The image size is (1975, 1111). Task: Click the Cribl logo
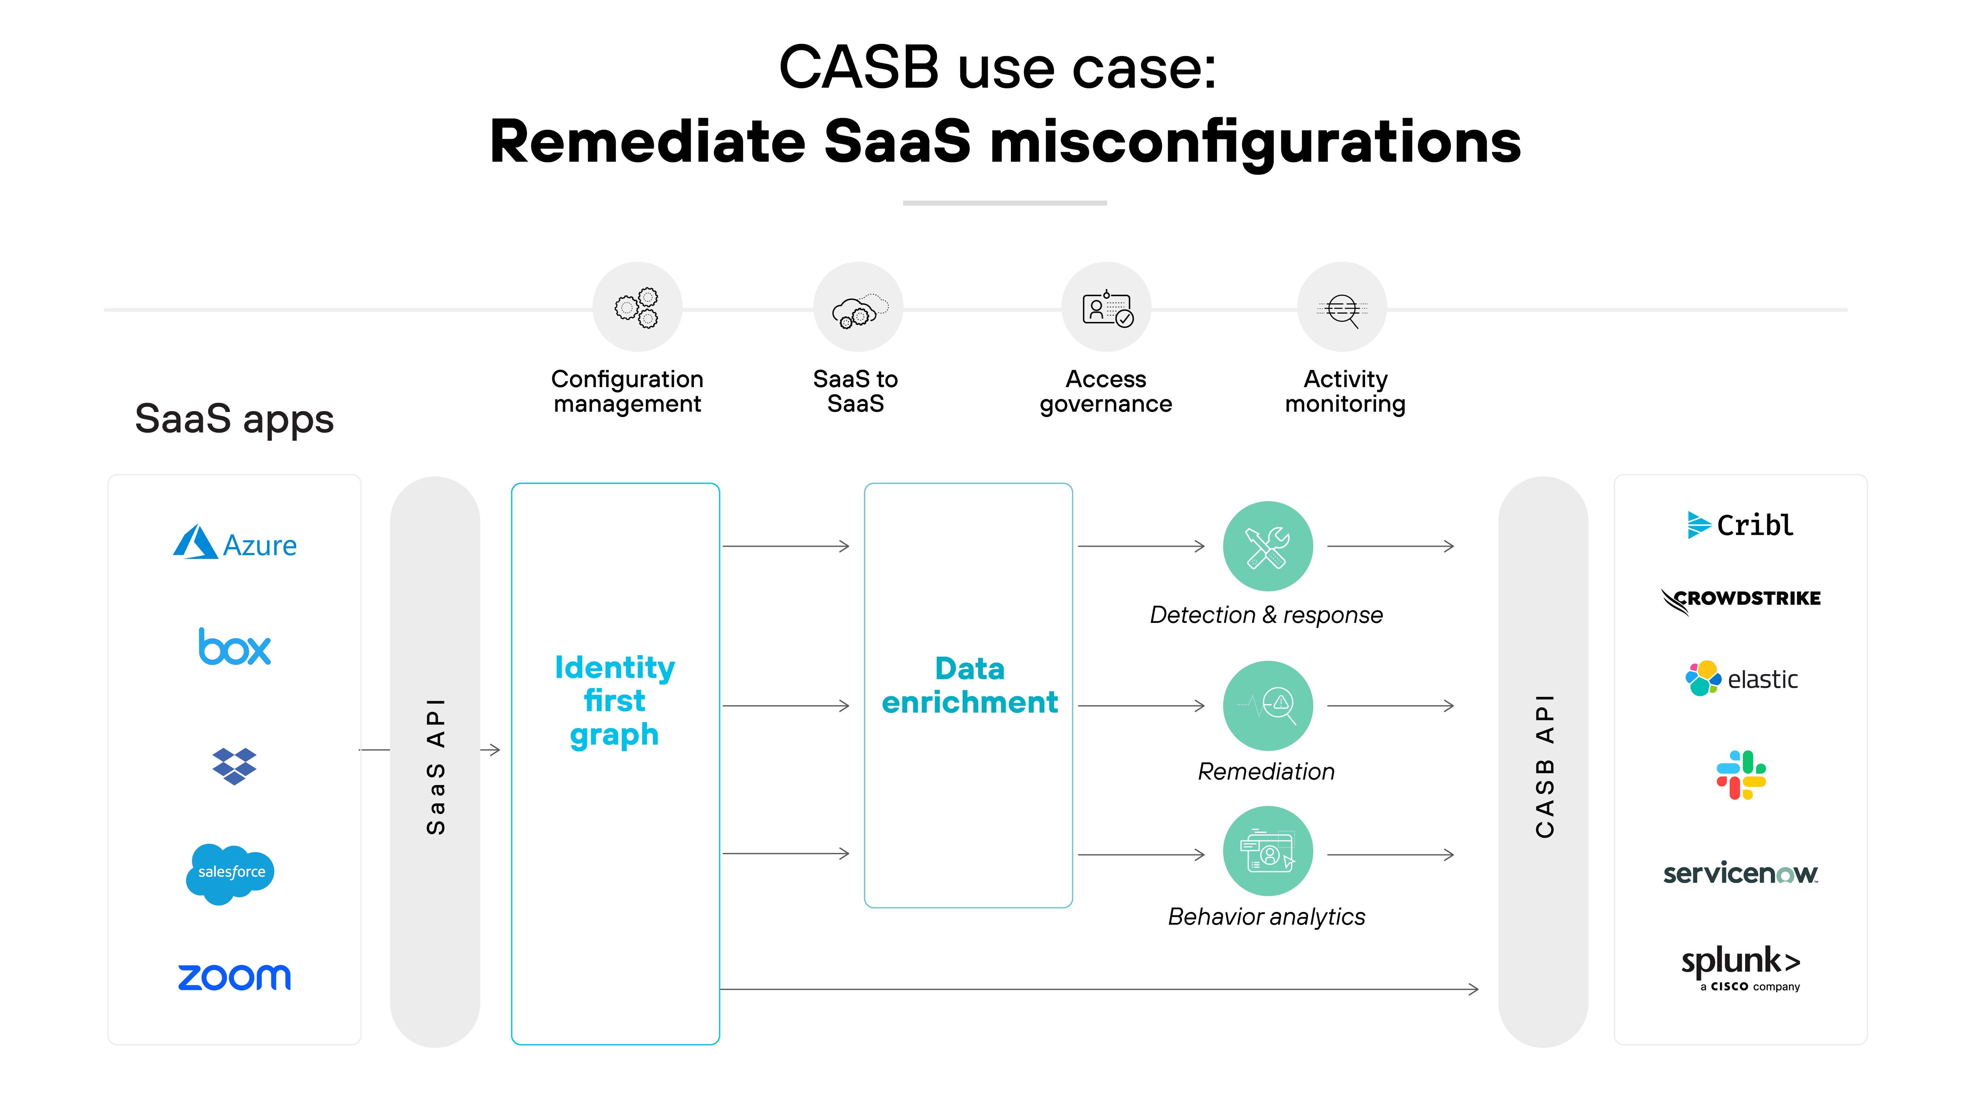(1740, 525)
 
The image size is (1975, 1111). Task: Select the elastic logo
(1740, 679)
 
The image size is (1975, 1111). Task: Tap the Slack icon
(1740, 775)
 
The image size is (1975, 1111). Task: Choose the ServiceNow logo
(1740, 873)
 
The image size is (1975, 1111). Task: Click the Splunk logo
(1740, 966)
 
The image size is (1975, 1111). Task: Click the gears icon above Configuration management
(637, 307)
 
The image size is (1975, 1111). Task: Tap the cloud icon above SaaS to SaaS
(858, 307)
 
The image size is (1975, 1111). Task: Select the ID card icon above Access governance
(1106, 307)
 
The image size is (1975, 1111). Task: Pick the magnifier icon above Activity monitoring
(1343, 307)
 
